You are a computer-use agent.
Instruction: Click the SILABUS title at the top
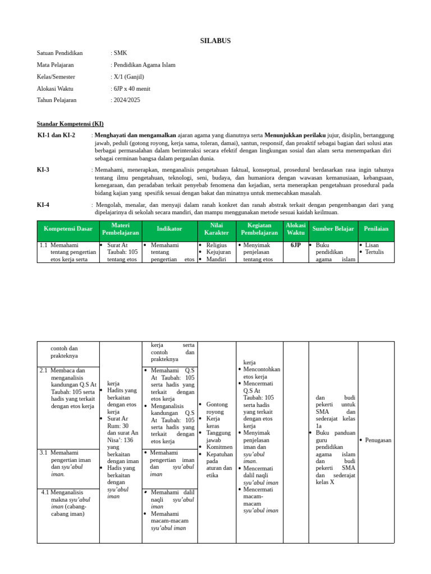pyautogui.click(x=215, y=41)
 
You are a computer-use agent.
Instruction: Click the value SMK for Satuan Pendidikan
pyautogui.click(x=120, y=53)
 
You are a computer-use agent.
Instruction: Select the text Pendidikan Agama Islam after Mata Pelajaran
pyautogui.click(x=144, y=65)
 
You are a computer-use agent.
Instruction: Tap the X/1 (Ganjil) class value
pyautogui.click(x=129, y=77)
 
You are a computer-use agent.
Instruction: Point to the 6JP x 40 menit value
pyautogui.click(x=132, y=89)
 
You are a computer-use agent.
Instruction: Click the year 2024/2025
pyautogui.click(x=126, y=100)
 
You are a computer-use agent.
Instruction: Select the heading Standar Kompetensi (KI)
pyautogui.click(x=70, y=124)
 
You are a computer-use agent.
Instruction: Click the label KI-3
pyautogui.click(x=43, y=169)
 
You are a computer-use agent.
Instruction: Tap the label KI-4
pyautogui.click(x=43, y=205)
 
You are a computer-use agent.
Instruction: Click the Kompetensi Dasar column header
pyautogui.click(x=68, y=229)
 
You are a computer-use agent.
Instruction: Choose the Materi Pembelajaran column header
pyautogui.click(x=121, y=229)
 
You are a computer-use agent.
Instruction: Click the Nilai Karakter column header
pyautogui.click(x=217, y=229)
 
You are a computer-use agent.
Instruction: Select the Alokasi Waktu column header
pyautogui.click(x=296, y=229)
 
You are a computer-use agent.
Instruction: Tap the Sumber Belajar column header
pyautogui.click(x=333, y=229)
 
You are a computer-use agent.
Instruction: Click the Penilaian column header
pyautogui.click(x=376, y=229)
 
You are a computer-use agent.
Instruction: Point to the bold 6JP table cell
pyautogui.click(x=296, y=246)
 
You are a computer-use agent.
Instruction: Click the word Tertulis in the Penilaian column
pyautogui.click(x=375, y=252)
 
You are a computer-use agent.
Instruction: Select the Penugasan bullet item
pyautogui.click(x=378, y=441)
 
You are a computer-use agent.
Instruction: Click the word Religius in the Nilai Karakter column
pyautogui.click(x=217, y=246)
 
